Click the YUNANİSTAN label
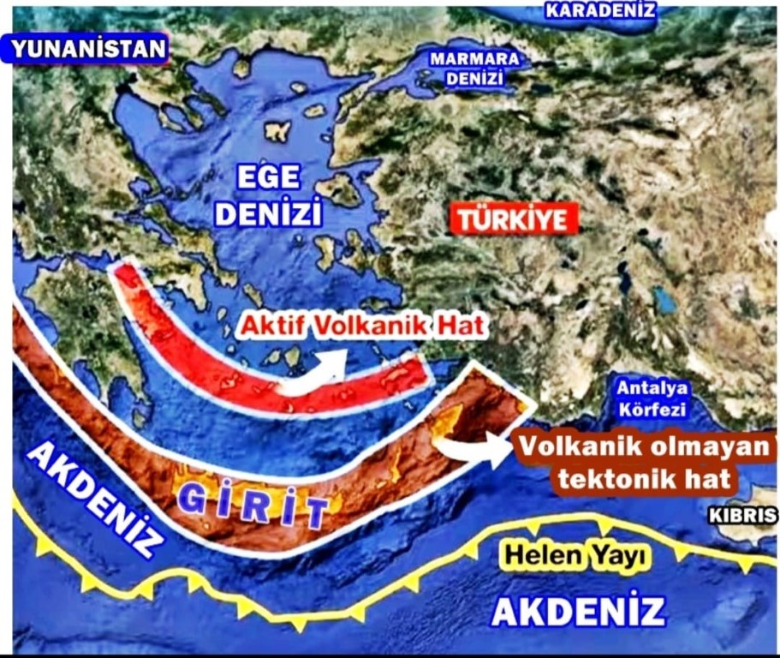pos(89,49)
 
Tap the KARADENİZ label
pos(601,10)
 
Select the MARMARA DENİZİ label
pos(474,69)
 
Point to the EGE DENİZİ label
pos(268,194)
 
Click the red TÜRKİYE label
pos(512,219)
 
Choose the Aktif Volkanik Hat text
pos(363,326)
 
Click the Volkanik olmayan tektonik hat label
pos(645,464)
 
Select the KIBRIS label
pos(742,515)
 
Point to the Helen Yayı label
pos(574,556)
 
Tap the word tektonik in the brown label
pos(615,479)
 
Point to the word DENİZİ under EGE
pos(268,212)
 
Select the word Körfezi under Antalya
pos(651,409)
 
